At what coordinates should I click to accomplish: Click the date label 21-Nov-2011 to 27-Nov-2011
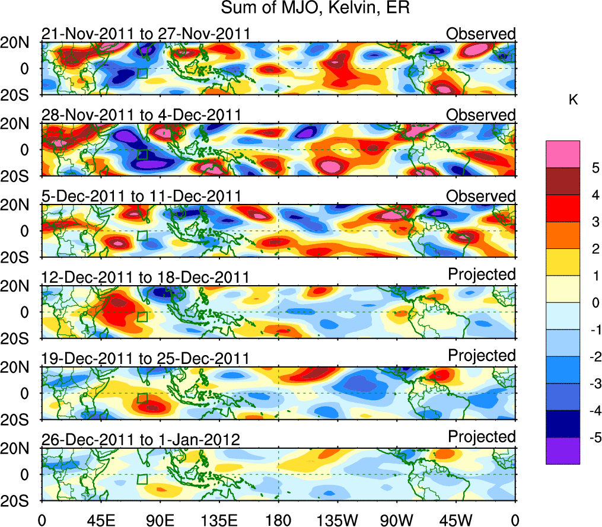[145, 34]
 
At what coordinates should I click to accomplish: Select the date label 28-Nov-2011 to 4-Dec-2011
[141, 115]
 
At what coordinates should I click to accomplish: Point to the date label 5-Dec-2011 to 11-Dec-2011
[141, 196]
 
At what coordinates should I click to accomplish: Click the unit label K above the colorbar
[573, 100]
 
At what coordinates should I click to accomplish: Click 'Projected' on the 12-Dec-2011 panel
[482, 274]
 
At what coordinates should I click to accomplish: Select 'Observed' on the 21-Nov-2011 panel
[481, 34]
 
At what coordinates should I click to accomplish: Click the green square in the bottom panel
[142, 479]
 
